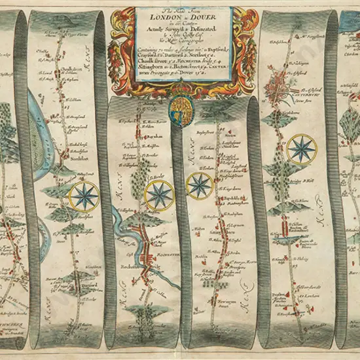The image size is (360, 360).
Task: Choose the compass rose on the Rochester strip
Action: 159,194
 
